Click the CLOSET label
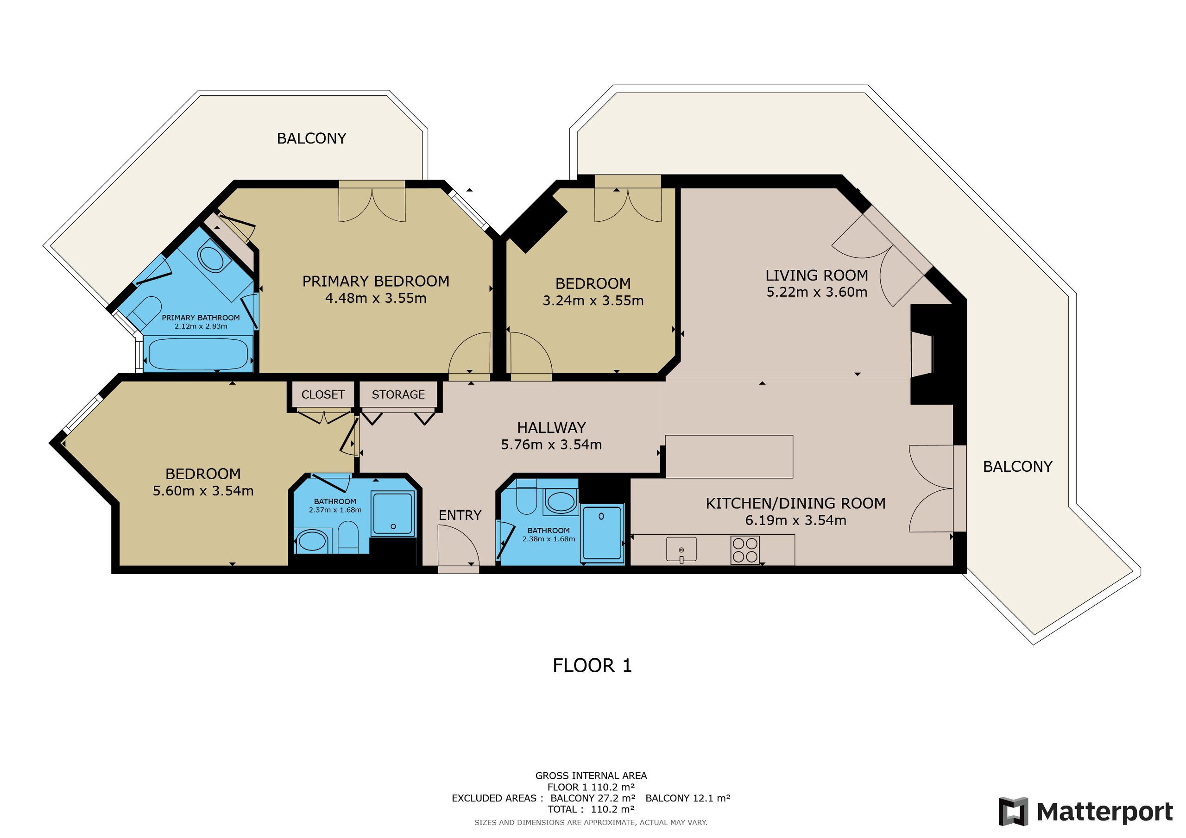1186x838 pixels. (x=323, y=394)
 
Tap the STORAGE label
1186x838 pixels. (x=398, y=394)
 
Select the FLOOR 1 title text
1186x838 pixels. (x=592, y=666)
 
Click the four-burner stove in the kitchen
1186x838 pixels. (x=745, y=550)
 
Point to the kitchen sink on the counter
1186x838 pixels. (x=681, y=549)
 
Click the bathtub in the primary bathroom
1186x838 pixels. (x=198, y=354)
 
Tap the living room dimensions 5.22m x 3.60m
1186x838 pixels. (x=816, y=292)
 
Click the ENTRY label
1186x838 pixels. (x=460, y=515)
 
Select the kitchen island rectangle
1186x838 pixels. (x=729, y=457)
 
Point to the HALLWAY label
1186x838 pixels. (x=551, y=428)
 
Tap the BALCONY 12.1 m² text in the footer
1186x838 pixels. (x=688, y=798)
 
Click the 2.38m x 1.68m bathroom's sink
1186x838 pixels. (x=561, y=501)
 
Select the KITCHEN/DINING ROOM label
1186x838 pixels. (x=795, y=503)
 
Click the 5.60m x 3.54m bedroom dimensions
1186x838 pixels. (x=203, y=491)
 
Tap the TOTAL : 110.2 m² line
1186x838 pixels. (x=591, y=810)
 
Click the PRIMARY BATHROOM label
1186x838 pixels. (x=201, y=318)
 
